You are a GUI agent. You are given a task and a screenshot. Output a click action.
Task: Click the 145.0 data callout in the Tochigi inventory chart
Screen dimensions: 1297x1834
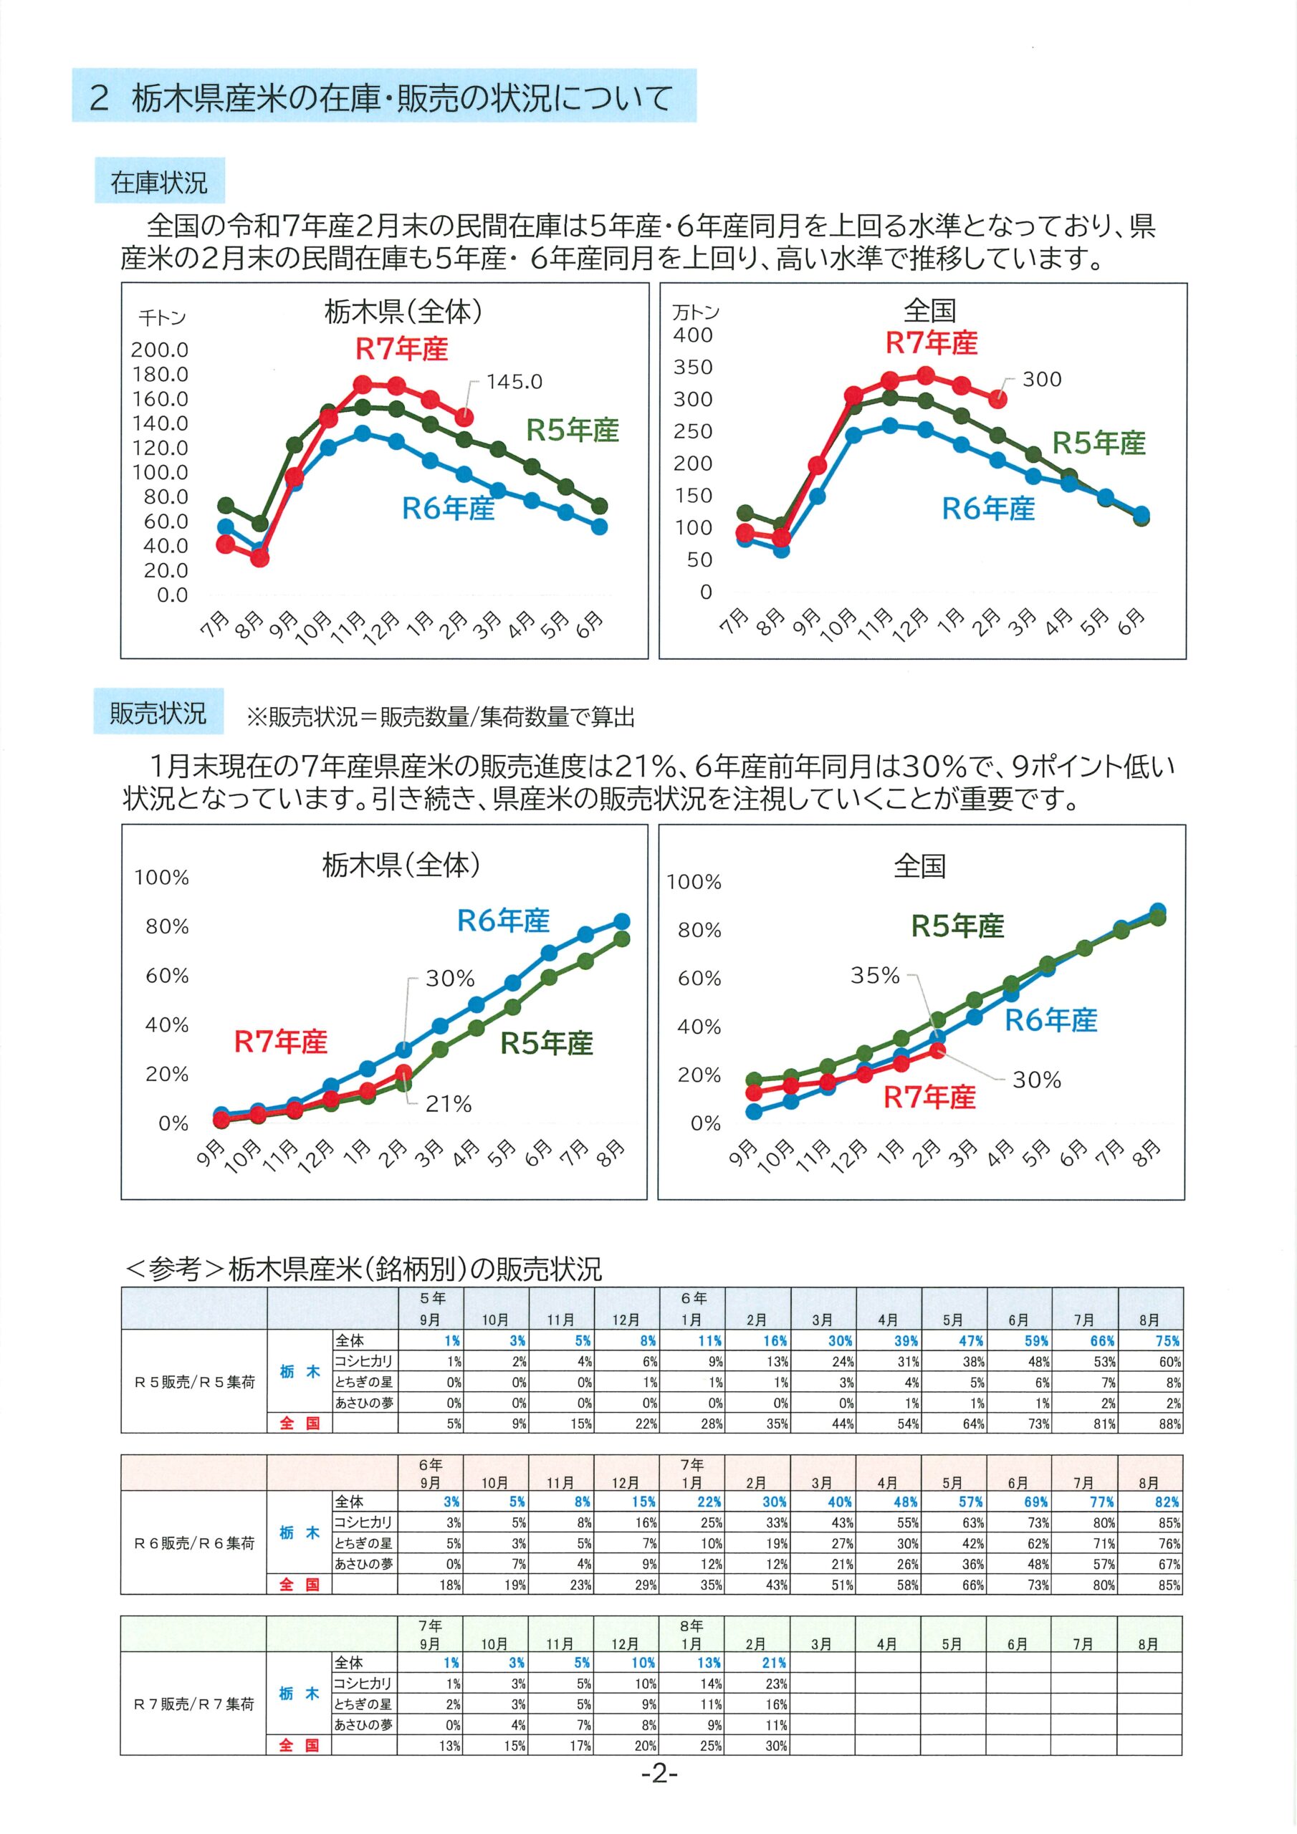pyautogui.click(x=514, y=382)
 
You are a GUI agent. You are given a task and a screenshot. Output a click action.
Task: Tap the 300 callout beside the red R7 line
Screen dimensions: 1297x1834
pyautogui.click(x=1042, y=380)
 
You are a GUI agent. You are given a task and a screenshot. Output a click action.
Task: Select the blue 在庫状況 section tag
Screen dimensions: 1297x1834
pyautogui.click(x=159, y=183)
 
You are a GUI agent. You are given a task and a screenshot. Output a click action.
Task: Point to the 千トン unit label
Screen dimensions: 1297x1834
pyautogui.click(x=162, y=318)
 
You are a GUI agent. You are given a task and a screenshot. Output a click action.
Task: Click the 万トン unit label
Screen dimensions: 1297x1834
pyautogui.click(x=695, y=312)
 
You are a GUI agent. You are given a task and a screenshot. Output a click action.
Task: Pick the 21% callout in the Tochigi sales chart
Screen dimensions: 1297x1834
pyautogui.click(x=449, y=1104)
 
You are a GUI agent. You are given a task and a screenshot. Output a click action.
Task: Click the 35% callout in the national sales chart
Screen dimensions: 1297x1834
pyautogui.click(x=875, y=975)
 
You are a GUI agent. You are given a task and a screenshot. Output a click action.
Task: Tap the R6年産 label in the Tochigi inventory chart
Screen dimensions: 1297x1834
pyautogui.click(x=449, y=508)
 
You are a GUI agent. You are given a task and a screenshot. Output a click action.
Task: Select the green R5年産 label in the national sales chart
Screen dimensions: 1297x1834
pyautogui.click(x=957, y=926)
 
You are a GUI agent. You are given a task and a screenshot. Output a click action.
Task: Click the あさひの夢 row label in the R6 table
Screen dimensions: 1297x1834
pyautogui.click(x=363, y=1564)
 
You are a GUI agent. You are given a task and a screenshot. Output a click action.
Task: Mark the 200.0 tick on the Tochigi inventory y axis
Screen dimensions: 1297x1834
pyautogui.click(x=160, y=350)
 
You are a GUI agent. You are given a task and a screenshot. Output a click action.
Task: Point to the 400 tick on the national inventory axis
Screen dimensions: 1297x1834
pyautogui.click(x=693, y=335)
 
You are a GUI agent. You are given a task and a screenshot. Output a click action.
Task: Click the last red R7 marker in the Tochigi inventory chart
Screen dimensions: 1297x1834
pyautogui.click(x=464, y=417)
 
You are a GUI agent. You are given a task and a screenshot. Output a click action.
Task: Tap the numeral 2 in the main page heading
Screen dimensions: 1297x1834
pyautogui.click(x=99, y=97)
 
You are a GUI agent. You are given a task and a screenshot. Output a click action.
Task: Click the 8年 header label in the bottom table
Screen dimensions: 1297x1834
pyautogui.click(x=692, y=1626)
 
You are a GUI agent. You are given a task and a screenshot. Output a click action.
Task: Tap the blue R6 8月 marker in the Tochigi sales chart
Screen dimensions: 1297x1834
pyautogui.click(x=621, y=922)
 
